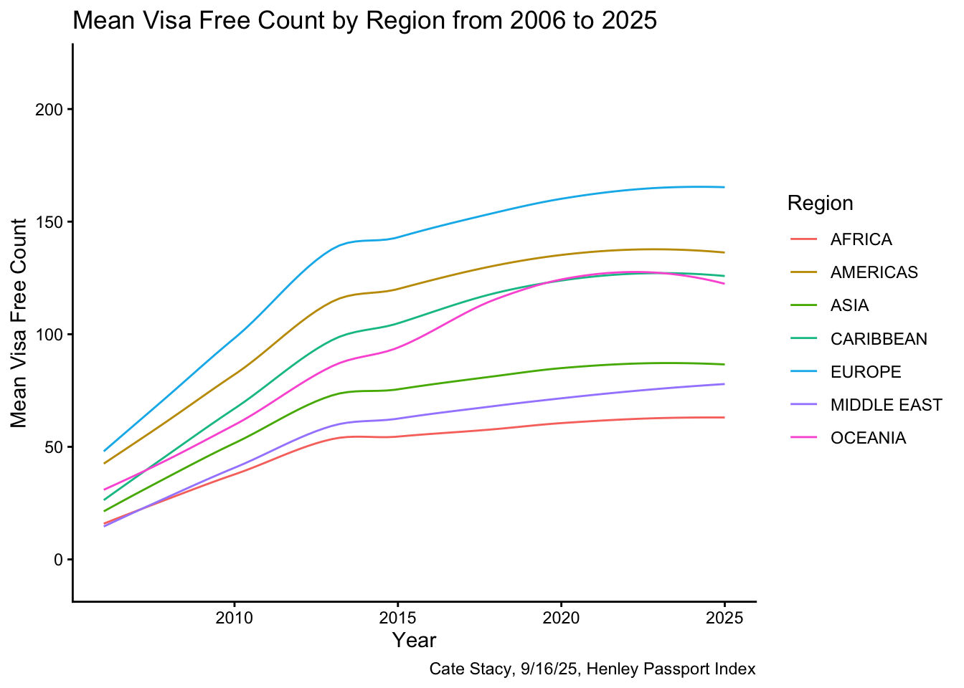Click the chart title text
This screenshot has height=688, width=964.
[x=364, y=21]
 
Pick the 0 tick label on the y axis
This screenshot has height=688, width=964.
[x=59, y=560]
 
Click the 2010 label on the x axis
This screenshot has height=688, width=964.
[x=234, y=617]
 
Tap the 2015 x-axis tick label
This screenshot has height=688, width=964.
[x=397, y=617]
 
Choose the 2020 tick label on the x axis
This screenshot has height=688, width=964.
[x=561, y=617]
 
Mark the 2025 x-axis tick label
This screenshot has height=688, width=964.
[x=724, y=617]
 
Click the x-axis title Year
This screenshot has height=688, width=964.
[x=415, y=640]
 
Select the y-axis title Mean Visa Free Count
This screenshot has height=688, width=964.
[x=19, y=322]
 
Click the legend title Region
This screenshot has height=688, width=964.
[x=820, y=204]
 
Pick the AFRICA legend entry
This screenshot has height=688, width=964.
[x=861, y=239]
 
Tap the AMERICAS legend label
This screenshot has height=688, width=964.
[x=874, y=272]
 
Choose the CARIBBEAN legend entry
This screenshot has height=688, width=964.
[x=879, y=338]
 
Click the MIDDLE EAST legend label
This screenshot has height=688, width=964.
[x=886, y=405]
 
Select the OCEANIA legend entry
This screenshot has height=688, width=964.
[x=868, y=438]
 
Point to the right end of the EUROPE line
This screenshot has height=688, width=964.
[x=724, y=187]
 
